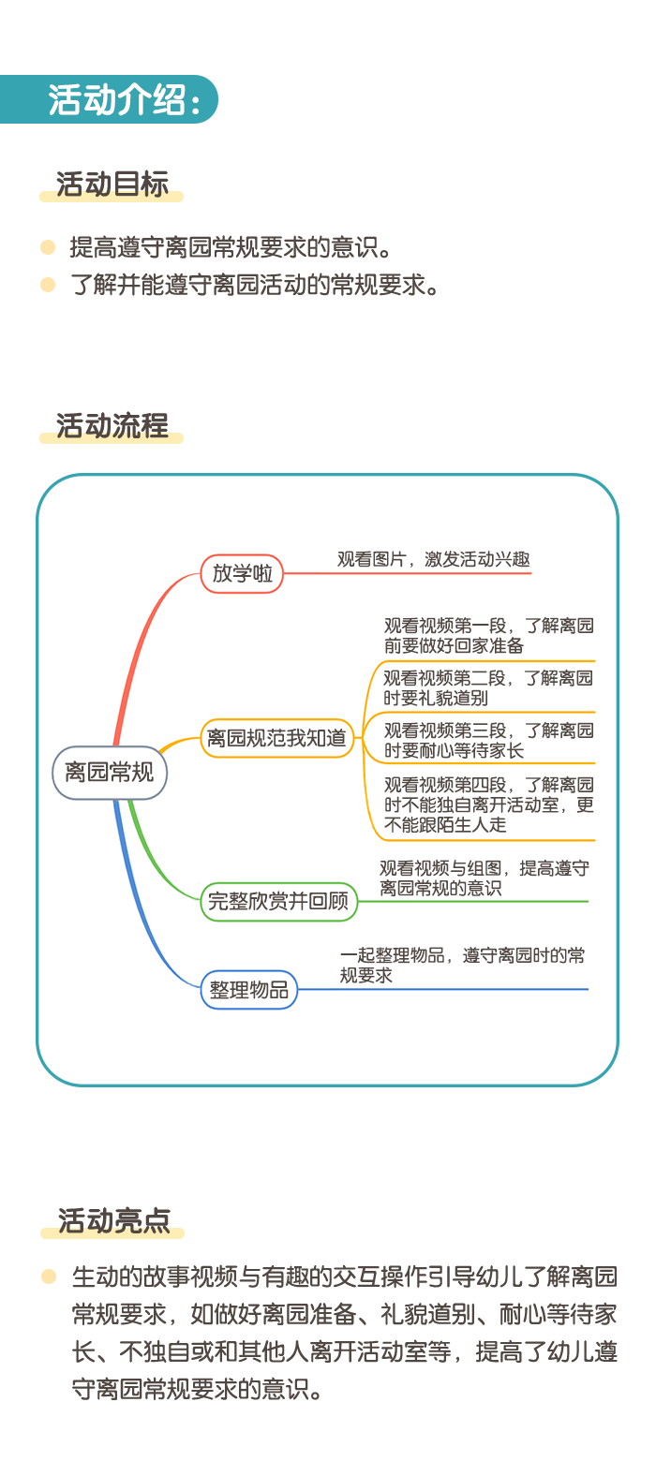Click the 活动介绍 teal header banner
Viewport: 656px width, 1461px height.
(x=109, y=99)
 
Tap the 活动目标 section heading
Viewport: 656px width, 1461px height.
(x=112, y=184)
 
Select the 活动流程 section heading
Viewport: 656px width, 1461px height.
(x=112, y=426)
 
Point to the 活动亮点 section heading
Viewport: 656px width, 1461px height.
(x=113, y=1221)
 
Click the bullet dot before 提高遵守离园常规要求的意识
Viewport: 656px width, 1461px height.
(x=48, y=247)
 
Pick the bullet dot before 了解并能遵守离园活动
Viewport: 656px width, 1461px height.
(x=48, y=285)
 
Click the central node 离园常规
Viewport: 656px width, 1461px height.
(x=110, y=773)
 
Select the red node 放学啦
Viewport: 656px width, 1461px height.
(x=242, y=573)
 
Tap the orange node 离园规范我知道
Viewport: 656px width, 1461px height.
(x=276, y=738)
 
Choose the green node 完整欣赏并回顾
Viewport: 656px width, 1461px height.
(x=278, y=901)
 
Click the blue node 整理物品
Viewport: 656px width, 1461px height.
(x=248, y=990)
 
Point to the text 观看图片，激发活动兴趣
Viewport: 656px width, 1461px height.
(x=433, y=560)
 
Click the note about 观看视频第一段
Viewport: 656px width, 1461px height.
(x=489, y=635)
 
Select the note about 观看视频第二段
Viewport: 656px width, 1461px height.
(x=488, y=688)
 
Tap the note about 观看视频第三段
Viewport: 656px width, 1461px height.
(x=489, y=740)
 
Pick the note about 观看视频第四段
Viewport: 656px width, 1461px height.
(x=489, y=804)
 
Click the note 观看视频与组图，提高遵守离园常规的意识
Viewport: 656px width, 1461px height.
(x=485, y=878)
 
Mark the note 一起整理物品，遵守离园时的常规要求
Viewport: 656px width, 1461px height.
(x=462, y=966)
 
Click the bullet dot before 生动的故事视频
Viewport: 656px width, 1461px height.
(x=49, y=1277)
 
